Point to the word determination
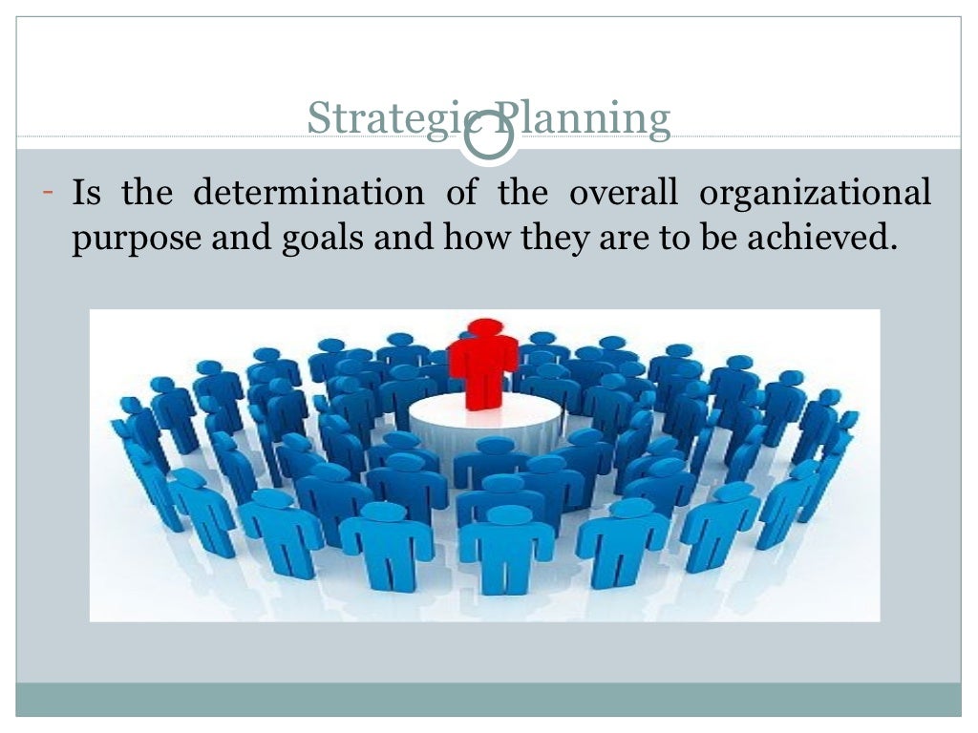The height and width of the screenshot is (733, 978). click(308, 194)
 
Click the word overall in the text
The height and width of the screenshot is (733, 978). click(623, 194)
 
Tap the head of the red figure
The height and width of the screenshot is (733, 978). click(484, 326)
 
